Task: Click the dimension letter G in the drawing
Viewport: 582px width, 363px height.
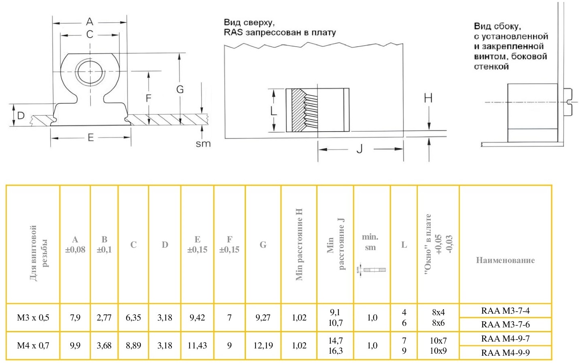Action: [180, 89]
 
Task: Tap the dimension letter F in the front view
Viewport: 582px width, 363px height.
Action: [148, 98]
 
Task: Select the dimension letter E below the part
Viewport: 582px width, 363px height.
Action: [91, 138]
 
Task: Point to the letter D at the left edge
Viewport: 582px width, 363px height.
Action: [21, 115]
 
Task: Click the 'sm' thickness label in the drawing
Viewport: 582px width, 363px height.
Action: [203, 143]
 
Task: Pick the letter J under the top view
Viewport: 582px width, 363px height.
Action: [359, 149]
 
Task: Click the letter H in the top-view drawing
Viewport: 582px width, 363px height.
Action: [428, 98]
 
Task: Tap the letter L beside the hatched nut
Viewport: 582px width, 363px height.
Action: [273, 110]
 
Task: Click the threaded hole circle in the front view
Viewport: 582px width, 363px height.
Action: [90, 72]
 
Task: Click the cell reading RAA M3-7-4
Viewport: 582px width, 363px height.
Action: [505, 311]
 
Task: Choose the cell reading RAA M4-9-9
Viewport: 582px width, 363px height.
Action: [505, 352]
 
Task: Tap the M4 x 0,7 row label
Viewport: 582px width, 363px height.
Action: [33, 346]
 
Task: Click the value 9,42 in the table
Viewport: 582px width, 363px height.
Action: [197, 318]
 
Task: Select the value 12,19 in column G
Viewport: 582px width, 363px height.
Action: [263, 346]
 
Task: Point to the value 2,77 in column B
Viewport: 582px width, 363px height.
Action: [104, 318]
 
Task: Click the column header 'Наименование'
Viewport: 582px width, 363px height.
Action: [505, 260]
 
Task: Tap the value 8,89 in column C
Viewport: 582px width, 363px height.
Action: [133, 346]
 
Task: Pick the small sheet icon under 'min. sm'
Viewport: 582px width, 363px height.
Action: [371, 269]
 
